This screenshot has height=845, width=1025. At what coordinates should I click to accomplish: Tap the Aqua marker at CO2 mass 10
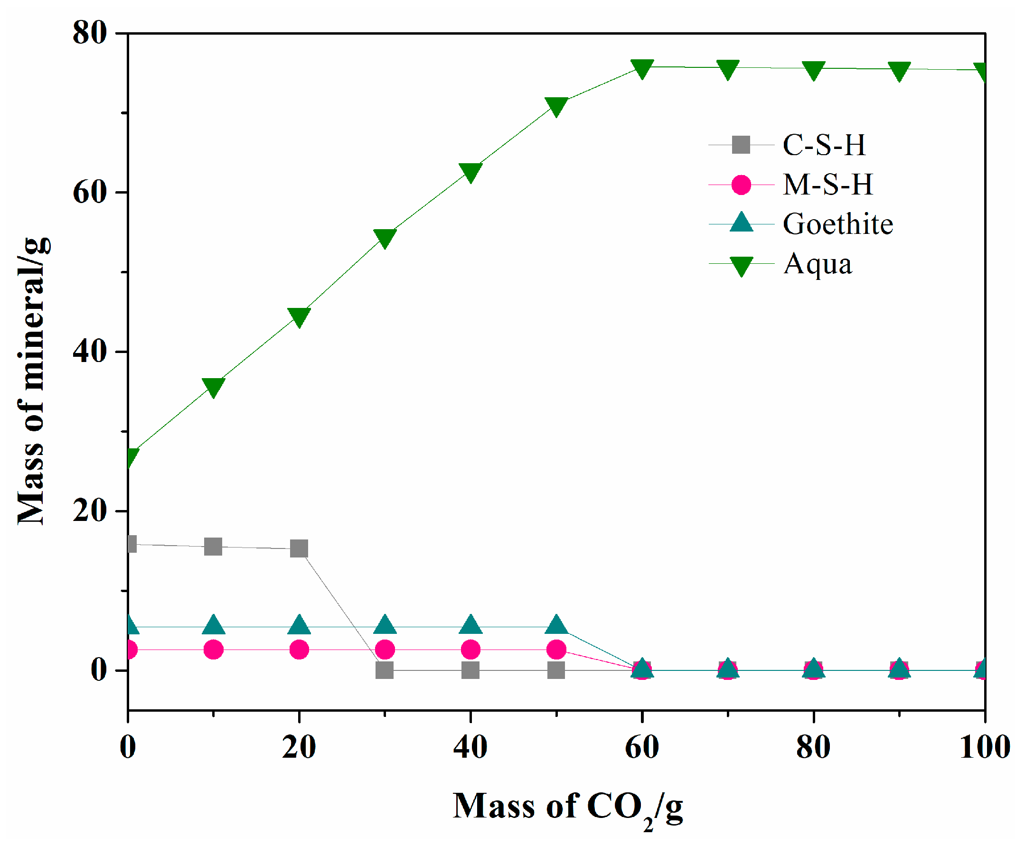[x=213, y=387]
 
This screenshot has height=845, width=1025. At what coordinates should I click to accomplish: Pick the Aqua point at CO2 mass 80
[x=813, y=70]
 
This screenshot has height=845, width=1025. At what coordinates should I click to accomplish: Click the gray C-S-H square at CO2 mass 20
[x=299, y=548]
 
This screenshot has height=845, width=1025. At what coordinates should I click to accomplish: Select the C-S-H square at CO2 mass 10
[x=213, y=547]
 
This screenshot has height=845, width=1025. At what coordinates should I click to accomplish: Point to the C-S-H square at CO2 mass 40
[x=470, y=670]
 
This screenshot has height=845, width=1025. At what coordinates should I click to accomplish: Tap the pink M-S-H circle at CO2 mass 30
[x=385, y=649]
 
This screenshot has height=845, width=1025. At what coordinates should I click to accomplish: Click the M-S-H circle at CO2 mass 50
[x=555, y=649]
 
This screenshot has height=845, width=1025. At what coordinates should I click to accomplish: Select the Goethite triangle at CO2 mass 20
[x=299, y=625]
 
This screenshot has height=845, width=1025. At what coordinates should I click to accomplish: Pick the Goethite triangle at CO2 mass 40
[x=470, y=625]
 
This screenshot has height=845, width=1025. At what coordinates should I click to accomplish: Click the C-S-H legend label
[x=823, y=145]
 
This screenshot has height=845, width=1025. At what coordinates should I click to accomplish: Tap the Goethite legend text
[x=837, y=224]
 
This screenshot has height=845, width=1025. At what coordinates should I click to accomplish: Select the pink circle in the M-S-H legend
[x=741, y=185]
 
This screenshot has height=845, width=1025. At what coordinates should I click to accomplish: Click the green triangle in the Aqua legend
[x=741, y=265]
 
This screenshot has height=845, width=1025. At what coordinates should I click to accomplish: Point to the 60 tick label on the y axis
[x=90, y=192]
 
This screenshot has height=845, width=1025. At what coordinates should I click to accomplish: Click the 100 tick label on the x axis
[x=985, y=747]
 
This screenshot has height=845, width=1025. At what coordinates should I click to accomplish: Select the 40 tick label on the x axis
[x=470, y=747]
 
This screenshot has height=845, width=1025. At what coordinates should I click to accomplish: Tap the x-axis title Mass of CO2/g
[x=567, y=807]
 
